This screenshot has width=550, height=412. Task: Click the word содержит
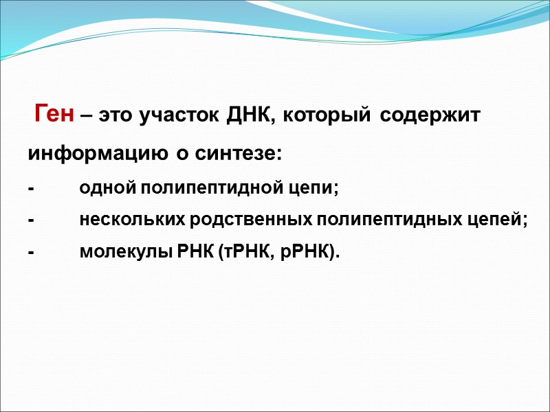click(x=431, y=116)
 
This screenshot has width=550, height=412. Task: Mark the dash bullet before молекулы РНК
click(x=30, y=253)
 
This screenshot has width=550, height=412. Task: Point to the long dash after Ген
click(x=86, y=116)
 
